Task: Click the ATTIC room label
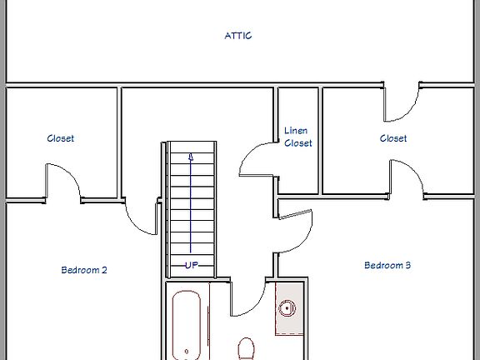click(238, 36)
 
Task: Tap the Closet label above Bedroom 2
click(60, 138)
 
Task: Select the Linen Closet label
click(298, 137)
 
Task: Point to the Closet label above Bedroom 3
click(393, 138)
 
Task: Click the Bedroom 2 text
click(84, 270)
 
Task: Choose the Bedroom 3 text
click(387, 265)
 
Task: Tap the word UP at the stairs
click(192, 264)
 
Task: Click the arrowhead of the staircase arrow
click(192, 155)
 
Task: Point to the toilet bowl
click(247, 347)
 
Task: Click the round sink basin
click(288, 308)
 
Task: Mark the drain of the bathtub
click(186, 352)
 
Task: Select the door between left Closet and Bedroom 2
click(62, 182)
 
